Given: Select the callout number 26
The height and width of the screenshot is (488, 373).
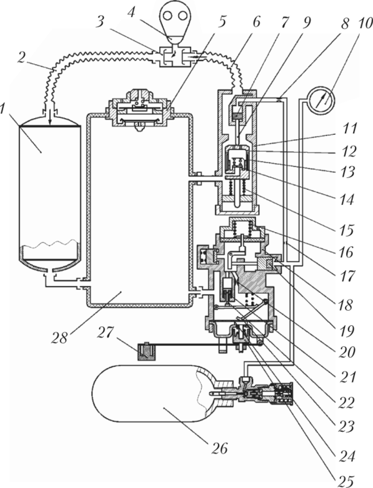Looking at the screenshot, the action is [x=220, y=448].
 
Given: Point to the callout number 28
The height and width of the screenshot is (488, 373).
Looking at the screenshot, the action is [x=59, y=338].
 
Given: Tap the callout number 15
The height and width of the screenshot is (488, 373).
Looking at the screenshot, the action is [x=347, y=230].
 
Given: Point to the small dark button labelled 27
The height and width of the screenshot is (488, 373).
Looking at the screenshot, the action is [x=146, y=351].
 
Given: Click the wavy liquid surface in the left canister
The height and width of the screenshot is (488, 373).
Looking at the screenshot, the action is [x=50, y=243].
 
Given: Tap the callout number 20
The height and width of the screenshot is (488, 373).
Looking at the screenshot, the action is [x=347, y=352].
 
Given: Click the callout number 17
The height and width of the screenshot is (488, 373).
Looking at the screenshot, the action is [x=347, y=276].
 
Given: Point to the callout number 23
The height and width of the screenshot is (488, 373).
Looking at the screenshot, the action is [x=346, y=426].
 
